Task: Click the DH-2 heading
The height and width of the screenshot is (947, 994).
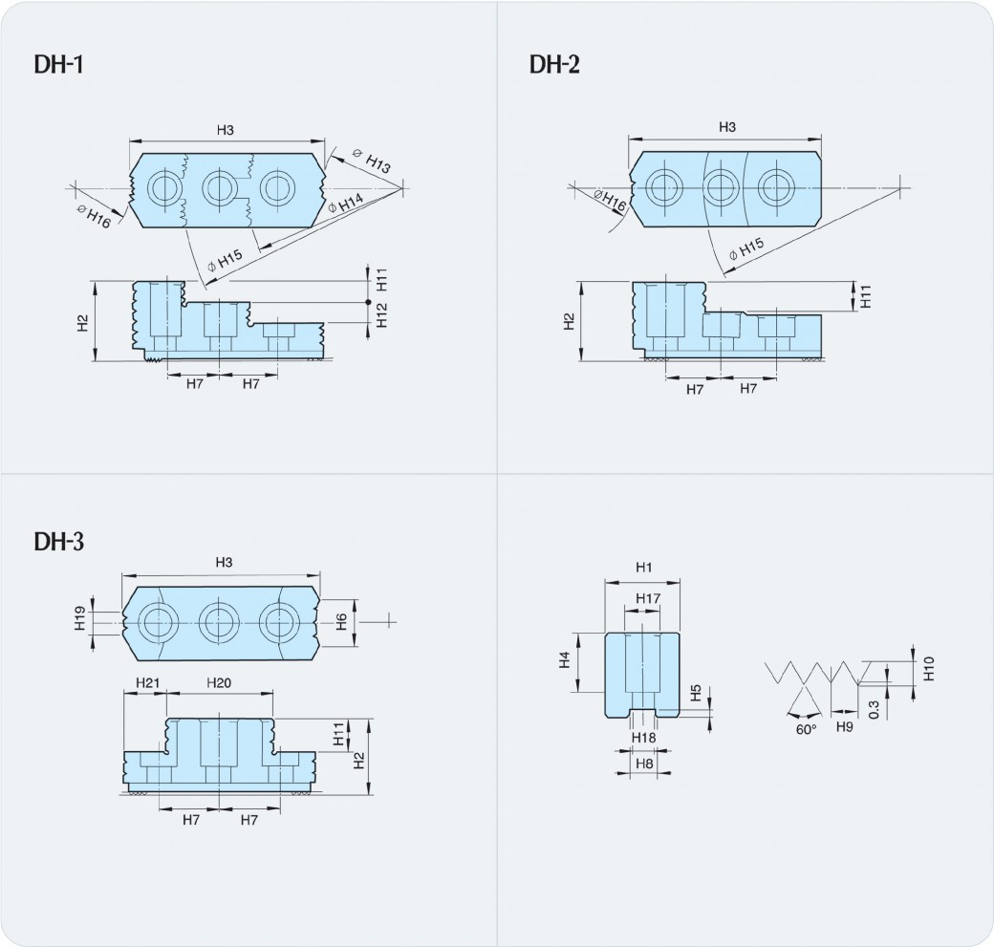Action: click(555, 64)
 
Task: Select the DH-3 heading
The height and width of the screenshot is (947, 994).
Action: click(60, 542)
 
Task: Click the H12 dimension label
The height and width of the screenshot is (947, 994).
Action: click(380, 315)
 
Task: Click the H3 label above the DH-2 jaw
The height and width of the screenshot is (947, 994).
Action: click(726, 127)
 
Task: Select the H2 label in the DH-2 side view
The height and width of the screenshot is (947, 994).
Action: click(570, 321)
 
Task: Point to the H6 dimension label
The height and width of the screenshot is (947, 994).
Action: click(341, 620)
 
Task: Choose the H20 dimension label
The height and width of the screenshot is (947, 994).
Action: click(219, 683)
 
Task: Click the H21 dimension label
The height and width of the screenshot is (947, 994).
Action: click(146, 683)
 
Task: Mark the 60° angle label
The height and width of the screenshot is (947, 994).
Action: click(806, 729)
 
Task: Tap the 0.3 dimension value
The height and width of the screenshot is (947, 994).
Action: click(875, 708)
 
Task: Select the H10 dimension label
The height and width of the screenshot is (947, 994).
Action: click(927, 669)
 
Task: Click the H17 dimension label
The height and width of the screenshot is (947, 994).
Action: click(648, 599)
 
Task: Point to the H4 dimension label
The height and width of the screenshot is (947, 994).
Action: click(565, 659)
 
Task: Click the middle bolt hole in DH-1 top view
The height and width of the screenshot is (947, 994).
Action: click(219, 186)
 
